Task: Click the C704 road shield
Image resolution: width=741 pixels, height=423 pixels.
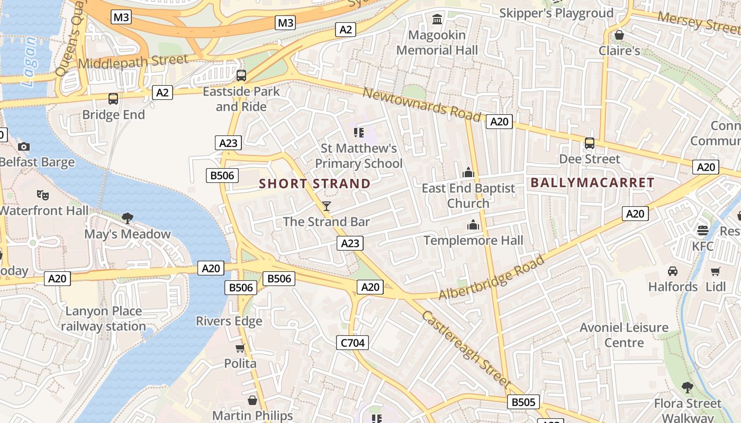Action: (353, 343)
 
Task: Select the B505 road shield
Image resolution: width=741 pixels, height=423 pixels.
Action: (523, 402)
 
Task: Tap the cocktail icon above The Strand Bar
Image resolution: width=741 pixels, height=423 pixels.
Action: (327, 206)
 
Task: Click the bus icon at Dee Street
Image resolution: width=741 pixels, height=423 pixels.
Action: (589, 143)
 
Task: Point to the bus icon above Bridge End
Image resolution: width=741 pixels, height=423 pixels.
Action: (113, 99)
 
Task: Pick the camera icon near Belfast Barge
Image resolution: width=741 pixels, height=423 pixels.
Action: (24, 146)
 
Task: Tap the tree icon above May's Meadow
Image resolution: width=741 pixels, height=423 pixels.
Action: (127, 218)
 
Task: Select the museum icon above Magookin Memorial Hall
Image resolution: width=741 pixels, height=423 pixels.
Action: (437, 20)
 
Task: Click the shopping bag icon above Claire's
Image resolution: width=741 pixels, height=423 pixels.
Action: (619, 35)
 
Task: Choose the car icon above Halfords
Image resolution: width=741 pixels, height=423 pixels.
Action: (673, 271)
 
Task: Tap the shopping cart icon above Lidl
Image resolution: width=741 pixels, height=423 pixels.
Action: (716, 271)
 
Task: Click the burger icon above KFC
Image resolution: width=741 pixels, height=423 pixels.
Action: (702, 231)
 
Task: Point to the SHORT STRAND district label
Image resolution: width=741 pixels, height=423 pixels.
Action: (315, 184)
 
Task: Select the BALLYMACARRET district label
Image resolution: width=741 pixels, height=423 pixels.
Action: (592, 182)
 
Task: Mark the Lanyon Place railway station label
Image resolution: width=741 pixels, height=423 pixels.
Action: (103, 319)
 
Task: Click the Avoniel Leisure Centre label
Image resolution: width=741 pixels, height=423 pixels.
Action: (624, 335)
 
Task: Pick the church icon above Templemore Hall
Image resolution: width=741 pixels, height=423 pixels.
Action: (473, 225)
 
